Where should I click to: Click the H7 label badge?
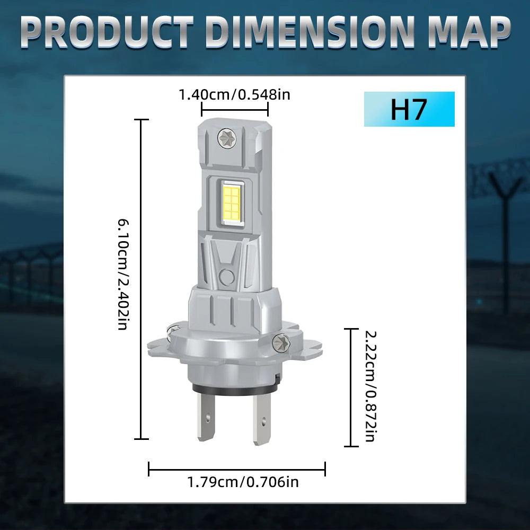pyautogui.click(x=409, y=109)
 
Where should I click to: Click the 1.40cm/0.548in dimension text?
pyautogui.click(x=234, y=95)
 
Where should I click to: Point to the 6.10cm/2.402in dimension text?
pyautogui.click(x=122, y=273)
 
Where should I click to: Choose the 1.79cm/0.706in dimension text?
pyautogui.click(x=243, y=482)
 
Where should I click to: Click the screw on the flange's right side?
pyautogui.click(x=281, y=343)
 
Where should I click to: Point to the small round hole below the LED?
pyautogui.click(x=227, y=276)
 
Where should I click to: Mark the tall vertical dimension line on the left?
pyautogui.click(x=141, y=279)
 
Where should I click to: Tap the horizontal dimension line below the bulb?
pyautogui.click(x=236, y=469)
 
